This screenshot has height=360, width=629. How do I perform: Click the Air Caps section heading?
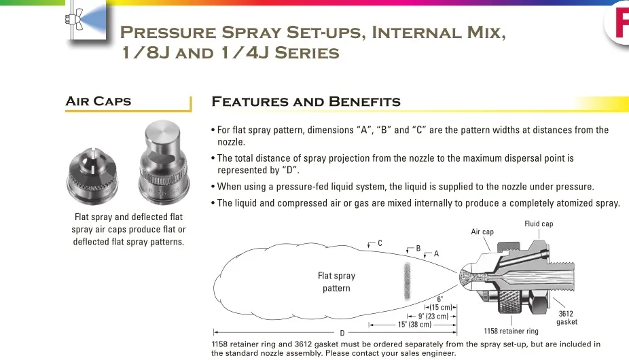pyautogui.click(x=98, y=102)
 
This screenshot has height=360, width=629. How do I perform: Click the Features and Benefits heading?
pyautogui.click(x=306, y=103)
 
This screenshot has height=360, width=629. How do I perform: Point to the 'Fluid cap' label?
pyautogui.click(x=539, y=224)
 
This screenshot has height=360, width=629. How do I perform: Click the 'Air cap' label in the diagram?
pyautogui.click(x=482, y=232)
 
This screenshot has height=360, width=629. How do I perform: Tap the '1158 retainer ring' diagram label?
pyautogui.click(x=511, y=331)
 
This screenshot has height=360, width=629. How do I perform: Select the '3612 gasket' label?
pyautogui.click(x=567, y=318)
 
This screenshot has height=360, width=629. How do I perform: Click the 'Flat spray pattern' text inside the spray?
pyautogui.click(x=336, y=282)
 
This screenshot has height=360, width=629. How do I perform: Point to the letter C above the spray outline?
pyautogui.click(x=380, y=243)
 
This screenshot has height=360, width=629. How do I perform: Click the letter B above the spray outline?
pyautogui.click(x=418, y=249)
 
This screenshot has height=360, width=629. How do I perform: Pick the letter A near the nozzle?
pyautogui.click(x=436, y=253)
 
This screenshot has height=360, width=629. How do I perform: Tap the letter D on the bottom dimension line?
pyautogui.click(x=342, y=333)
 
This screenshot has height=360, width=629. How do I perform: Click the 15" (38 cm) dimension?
pyautogui.click(x=414, y=325)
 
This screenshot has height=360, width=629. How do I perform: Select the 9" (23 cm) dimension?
pyautogui.click(x=433, y=316)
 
